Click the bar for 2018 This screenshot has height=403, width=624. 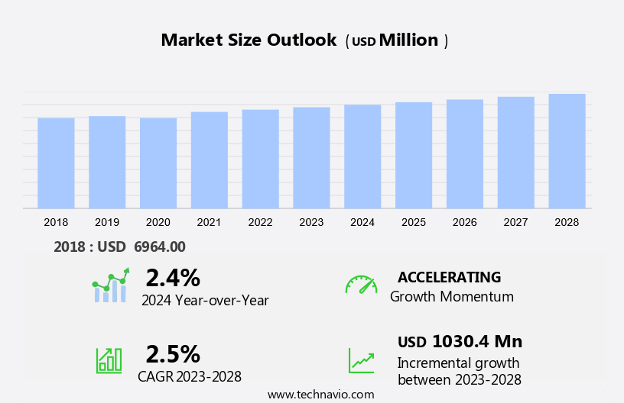56,163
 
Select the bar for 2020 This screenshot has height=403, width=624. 158,163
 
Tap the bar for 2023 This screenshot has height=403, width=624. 311,157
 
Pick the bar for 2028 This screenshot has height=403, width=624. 567,151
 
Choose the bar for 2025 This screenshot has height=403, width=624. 414,155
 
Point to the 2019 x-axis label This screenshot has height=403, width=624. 107,222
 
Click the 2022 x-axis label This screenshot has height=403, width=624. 260,222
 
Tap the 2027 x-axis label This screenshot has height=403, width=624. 515,222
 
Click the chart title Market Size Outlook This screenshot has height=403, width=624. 249,40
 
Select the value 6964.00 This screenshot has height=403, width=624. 160,247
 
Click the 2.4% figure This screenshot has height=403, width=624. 173,277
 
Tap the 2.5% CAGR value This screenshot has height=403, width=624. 173,353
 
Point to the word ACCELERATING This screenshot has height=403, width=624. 449,277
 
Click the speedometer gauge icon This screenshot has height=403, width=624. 361,285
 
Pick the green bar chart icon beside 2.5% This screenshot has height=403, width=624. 109,359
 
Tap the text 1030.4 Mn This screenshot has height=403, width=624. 477,341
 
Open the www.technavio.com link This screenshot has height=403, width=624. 320,394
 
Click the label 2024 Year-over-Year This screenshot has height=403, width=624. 205,300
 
